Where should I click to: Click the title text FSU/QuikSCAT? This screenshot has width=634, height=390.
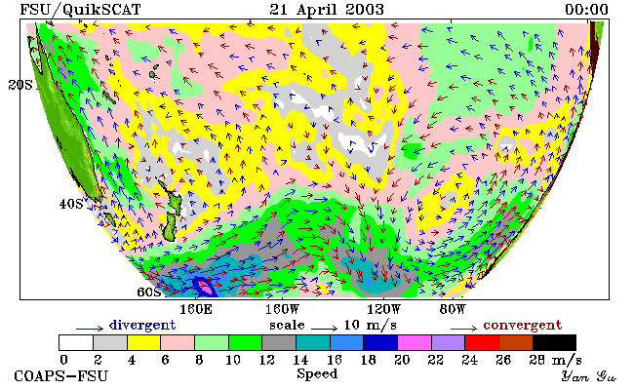pos(80,10)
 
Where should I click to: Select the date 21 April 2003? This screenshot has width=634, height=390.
pos(327,10)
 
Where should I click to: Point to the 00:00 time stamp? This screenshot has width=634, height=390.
pos(586,10)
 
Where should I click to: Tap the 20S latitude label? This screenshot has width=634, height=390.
pos(20,85)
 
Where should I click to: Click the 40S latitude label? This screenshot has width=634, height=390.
pos(71,204)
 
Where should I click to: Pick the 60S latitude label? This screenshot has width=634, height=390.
pos(149,292)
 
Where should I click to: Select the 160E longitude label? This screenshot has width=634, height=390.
pos(196,310)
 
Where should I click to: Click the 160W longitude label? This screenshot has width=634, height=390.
pos(282,310)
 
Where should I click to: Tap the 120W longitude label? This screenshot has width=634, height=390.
pos(383,310)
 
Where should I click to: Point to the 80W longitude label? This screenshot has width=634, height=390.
pos(453,310)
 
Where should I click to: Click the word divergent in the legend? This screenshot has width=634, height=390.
pos(142,325)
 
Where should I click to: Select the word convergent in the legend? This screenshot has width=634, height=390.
pos(523,325)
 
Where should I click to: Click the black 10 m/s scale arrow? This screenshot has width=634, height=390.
pos(324,329)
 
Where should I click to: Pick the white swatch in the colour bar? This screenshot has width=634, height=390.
pos(76,342)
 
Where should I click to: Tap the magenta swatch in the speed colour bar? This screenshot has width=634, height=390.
pos(414,342)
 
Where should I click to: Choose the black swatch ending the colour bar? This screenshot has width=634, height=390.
pos(554,342)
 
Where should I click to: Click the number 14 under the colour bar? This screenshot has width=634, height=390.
pos(300,359)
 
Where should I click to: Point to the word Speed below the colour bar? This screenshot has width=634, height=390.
pos(317,373)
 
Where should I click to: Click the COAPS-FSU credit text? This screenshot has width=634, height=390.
pos(61,375)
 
